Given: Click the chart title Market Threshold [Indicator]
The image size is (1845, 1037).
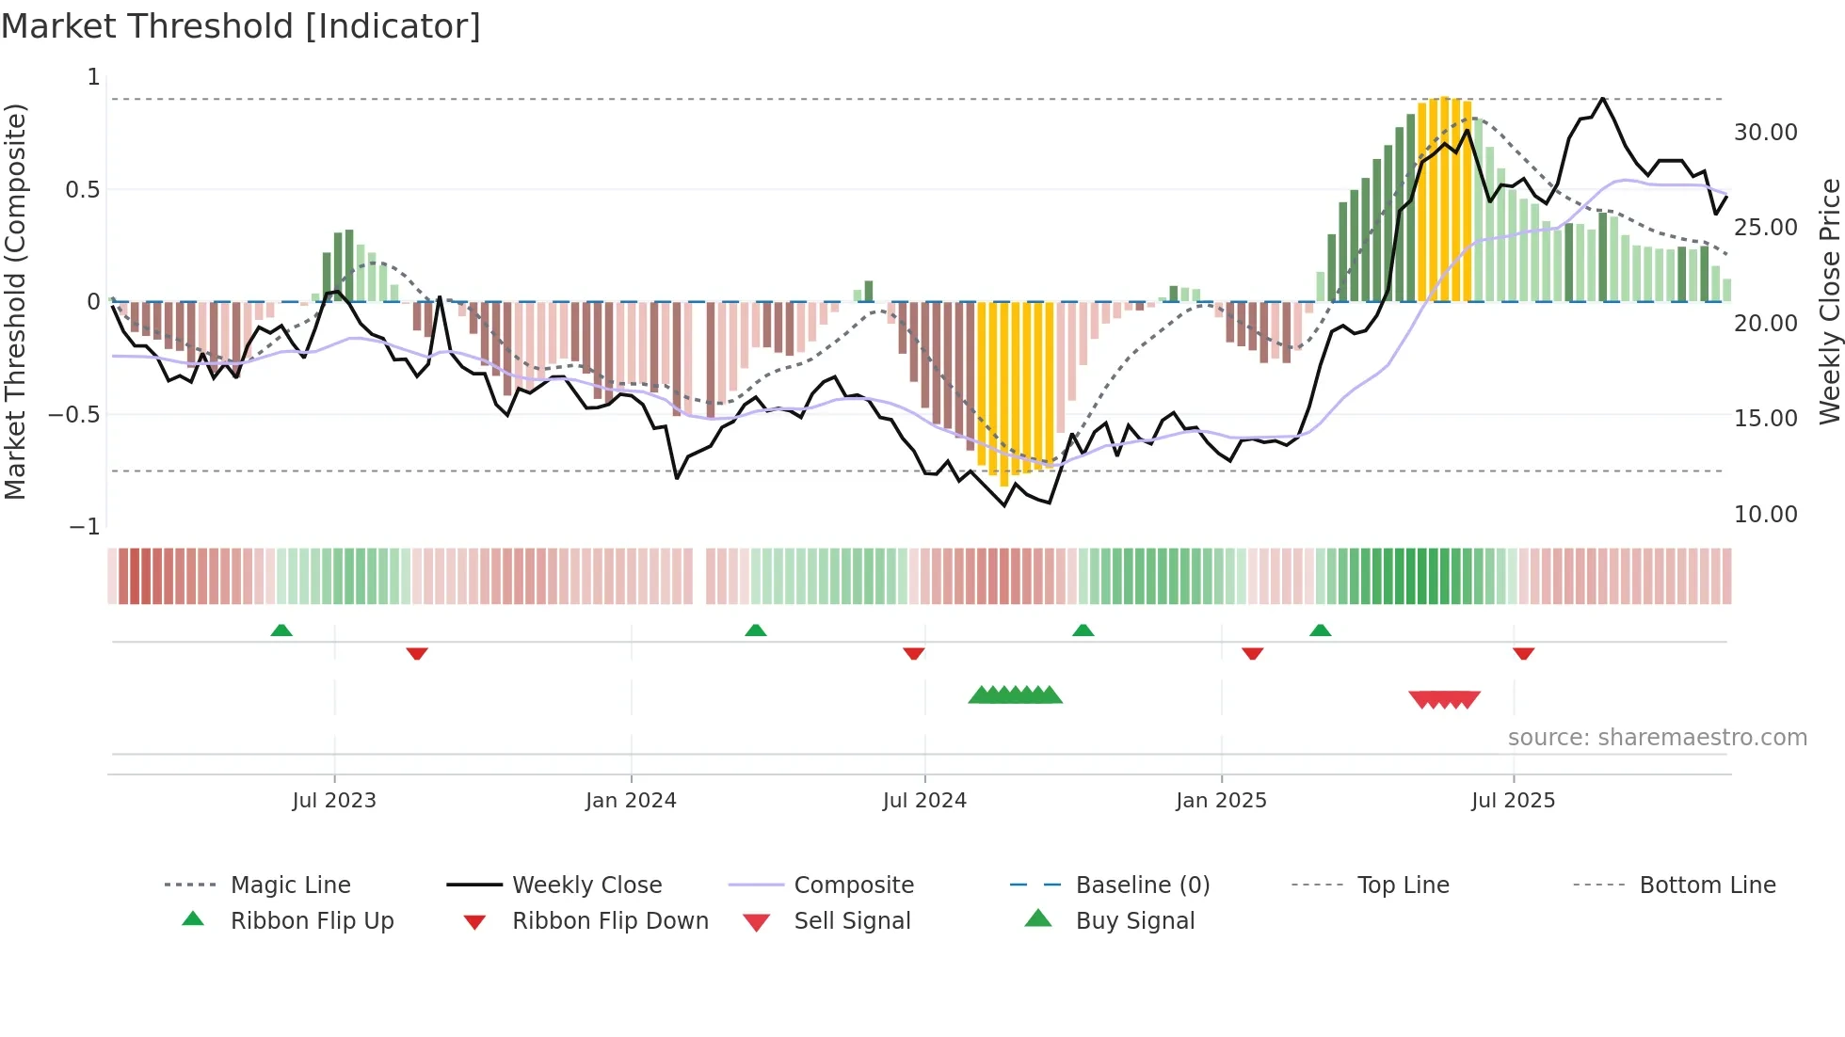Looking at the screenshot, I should coord(241,26).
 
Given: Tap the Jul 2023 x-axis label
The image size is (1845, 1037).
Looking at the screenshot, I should coord(333,801).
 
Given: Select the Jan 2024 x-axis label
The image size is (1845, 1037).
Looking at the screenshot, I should coord(631,801).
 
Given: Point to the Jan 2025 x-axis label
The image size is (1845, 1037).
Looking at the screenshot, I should coord(1221,801).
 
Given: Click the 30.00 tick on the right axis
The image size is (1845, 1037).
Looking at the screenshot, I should coord(1765,133).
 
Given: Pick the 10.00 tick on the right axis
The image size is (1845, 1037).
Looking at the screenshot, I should coord(1765,515).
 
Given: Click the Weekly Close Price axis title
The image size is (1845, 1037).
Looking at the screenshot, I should coord(1829,301).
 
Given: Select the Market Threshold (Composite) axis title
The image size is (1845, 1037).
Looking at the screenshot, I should coord(15,301).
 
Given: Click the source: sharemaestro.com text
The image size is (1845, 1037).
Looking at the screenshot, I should coord(1657,738).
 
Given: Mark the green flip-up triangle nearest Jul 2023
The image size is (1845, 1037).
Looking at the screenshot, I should coord(281,630).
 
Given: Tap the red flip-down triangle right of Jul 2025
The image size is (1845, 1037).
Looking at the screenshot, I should coord(1524,653).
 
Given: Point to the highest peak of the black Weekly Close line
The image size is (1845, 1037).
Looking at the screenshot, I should coord(1602,98).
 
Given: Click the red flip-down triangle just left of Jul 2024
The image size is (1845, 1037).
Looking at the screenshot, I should coord(913,653).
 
